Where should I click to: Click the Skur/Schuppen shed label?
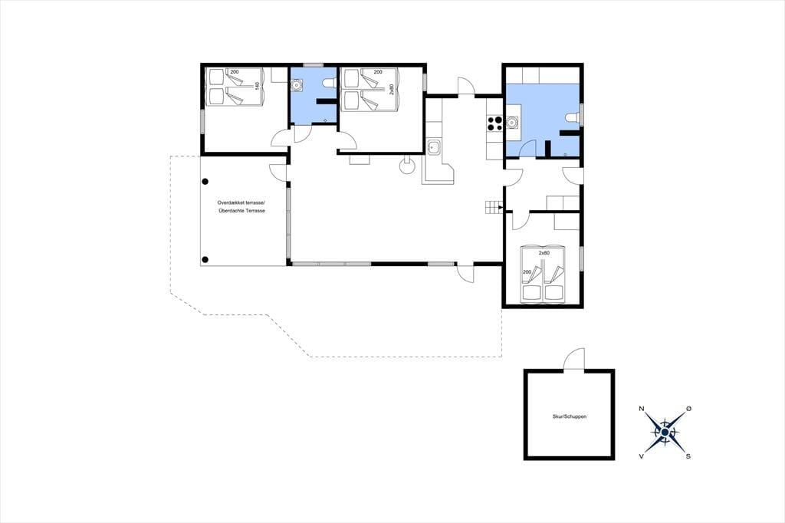[x=570, y=416]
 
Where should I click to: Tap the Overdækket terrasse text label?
[x=241, y=203]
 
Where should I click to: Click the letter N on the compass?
[x=642, y=409]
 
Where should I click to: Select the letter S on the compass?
[x=688, y=456]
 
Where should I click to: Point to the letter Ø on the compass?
[x=689, y=409]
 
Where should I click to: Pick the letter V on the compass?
[x=642, y=456]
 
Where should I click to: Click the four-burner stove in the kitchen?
[x=494, y=123]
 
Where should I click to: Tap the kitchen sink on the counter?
[x=434, y=147]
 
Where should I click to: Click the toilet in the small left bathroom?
[x=329, y=83]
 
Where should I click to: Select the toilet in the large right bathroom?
[x=572, y=118]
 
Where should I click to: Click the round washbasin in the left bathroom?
[x=297, y=85]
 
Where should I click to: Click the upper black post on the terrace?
[x=205, y=182]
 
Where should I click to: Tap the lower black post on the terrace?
[x=205, y=259]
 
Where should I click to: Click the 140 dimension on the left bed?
[x=258, y=86]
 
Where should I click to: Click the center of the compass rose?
[x=665, y=433]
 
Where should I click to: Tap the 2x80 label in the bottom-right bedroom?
[x=544, y=253]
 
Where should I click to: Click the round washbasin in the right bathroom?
[x=513, y=122]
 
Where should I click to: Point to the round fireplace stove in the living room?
[x=407, y=166]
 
